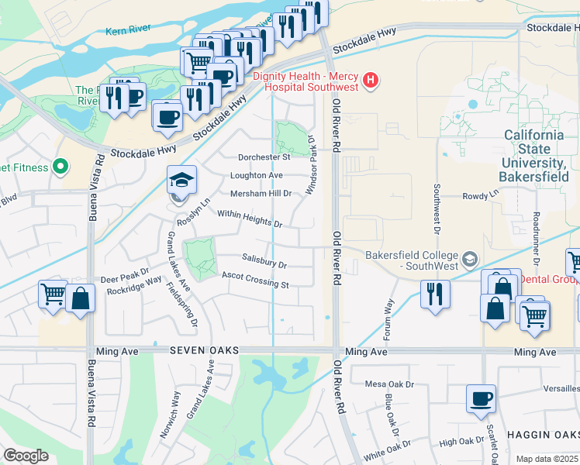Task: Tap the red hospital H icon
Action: point(371,80)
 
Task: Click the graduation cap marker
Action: point(181,181)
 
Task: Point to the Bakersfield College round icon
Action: point(469,257)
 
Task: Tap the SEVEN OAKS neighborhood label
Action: point(203,351)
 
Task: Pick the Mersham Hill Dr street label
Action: point(261,193)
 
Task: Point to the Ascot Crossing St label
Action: point(255,280)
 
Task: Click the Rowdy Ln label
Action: point(480,195)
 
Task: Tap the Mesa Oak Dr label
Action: point(390,384)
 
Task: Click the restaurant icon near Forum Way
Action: point(435,294)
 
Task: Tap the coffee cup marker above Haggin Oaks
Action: point(481,399)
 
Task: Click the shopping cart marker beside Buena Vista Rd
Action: point(53,294)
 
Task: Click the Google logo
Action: point(26,456)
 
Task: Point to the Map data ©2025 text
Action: point(547,459)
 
